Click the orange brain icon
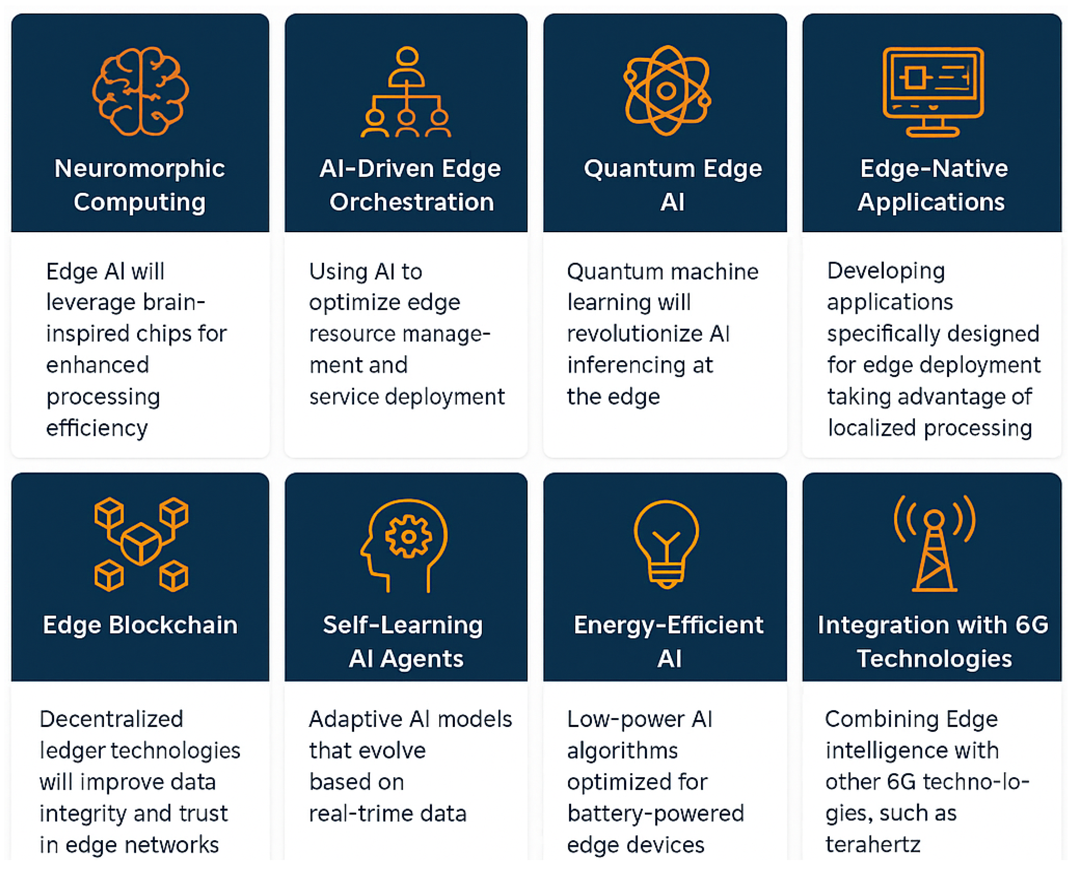[140, 91]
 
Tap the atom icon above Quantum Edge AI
[666, 91]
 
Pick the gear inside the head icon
[408, 536]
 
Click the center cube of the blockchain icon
[141, 544]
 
